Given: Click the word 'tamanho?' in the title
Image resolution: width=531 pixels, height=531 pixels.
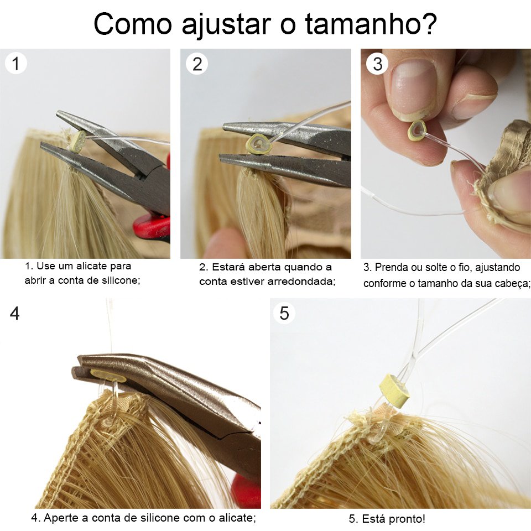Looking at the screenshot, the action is pyautogui.click(x=371, y=24).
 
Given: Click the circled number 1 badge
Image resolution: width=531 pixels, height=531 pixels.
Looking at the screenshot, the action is pyautogui.click(x=15, y=64).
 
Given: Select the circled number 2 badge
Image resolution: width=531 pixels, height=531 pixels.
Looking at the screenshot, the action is pyautogui.click(x=197, y=64).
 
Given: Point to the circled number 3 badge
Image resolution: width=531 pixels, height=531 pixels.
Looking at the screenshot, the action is pyautogui.click(x=377, y=64).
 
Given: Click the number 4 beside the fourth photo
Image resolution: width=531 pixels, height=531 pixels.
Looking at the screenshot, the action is pyautogui.click(x=14, y=313).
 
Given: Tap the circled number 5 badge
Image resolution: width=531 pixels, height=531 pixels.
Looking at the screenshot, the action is pyautogui.click(x=284, y=313).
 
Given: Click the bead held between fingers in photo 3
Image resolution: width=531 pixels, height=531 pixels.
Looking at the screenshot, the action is pyautogui.click(x=417, y=130).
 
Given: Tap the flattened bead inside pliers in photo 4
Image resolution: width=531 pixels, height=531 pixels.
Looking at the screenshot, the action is pyautogui.click(x=108, y=376).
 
